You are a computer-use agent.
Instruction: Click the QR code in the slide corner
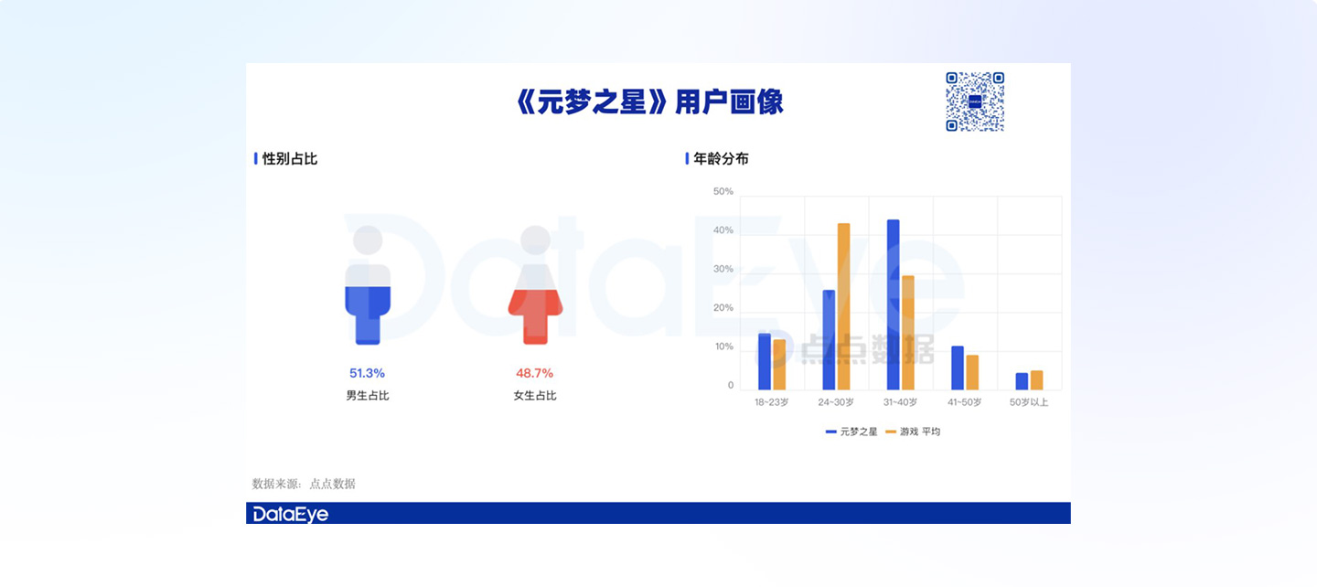pyautogui.click(x=975, y=101)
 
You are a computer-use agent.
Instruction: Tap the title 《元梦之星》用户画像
pyautogui.click(x=649, y=102)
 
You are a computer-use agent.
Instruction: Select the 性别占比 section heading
pyautogui.click(x=289, y=159)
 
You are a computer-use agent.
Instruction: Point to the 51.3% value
pyautogui.click(x=367, y=373)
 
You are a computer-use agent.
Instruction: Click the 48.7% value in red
pyautogui.click(x=534, y=373)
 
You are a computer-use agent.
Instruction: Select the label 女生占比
pyautogui.click(x=535, y=396)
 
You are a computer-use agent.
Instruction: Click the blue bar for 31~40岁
pyautogui.click(x=893, y=304)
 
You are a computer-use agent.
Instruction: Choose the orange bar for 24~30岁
pyautogui.click(x=843, y=306)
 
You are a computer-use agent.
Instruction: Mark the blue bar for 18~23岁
pyautogui.click(x=765, y=362)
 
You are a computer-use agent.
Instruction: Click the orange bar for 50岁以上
pyautogui.click(x=1036, y=380)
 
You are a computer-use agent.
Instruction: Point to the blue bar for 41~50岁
pyautogui.click(x=958, y=368)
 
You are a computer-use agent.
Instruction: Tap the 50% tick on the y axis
pyautogui.click(x=723, y=192)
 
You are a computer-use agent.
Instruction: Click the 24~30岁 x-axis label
pyautogui.click(x=836, y=402)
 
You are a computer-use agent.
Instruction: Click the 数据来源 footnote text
pyautogui.click(x=304, y=484)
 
